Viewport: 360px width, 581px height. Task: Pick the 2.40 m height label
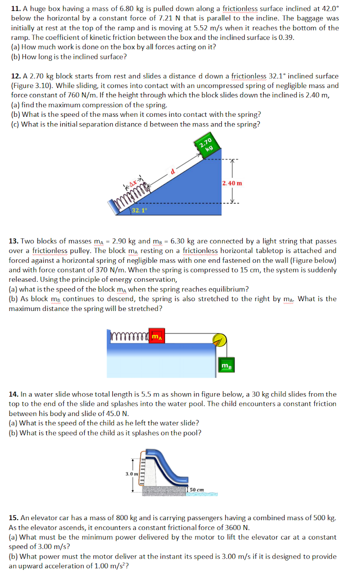point(232,183)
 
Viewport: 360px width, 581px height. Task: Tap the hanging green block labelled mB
point(226,365)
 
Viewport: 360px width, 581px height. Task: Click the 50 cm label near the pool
point(196,489)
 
